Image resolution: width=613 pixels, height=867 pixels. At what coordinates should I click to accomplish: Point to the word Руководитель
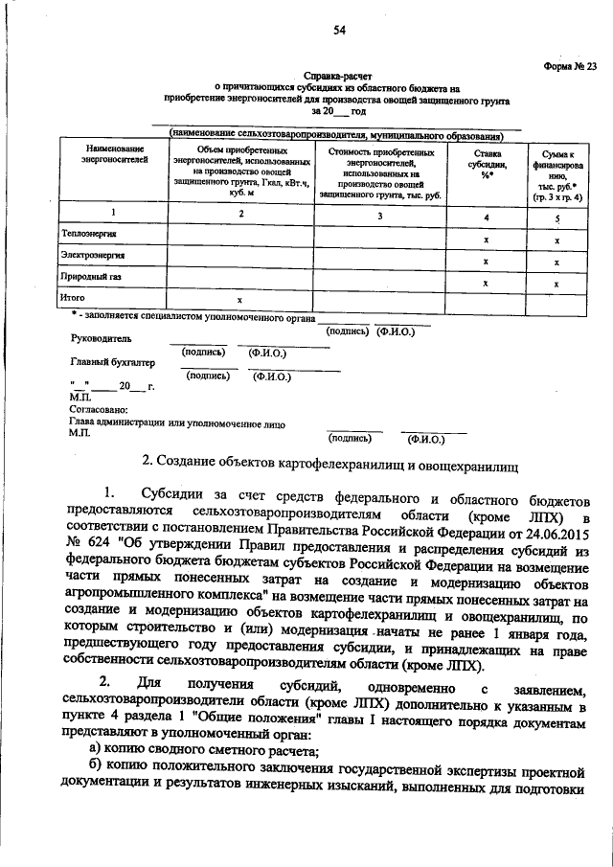(x=100, y=338)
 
